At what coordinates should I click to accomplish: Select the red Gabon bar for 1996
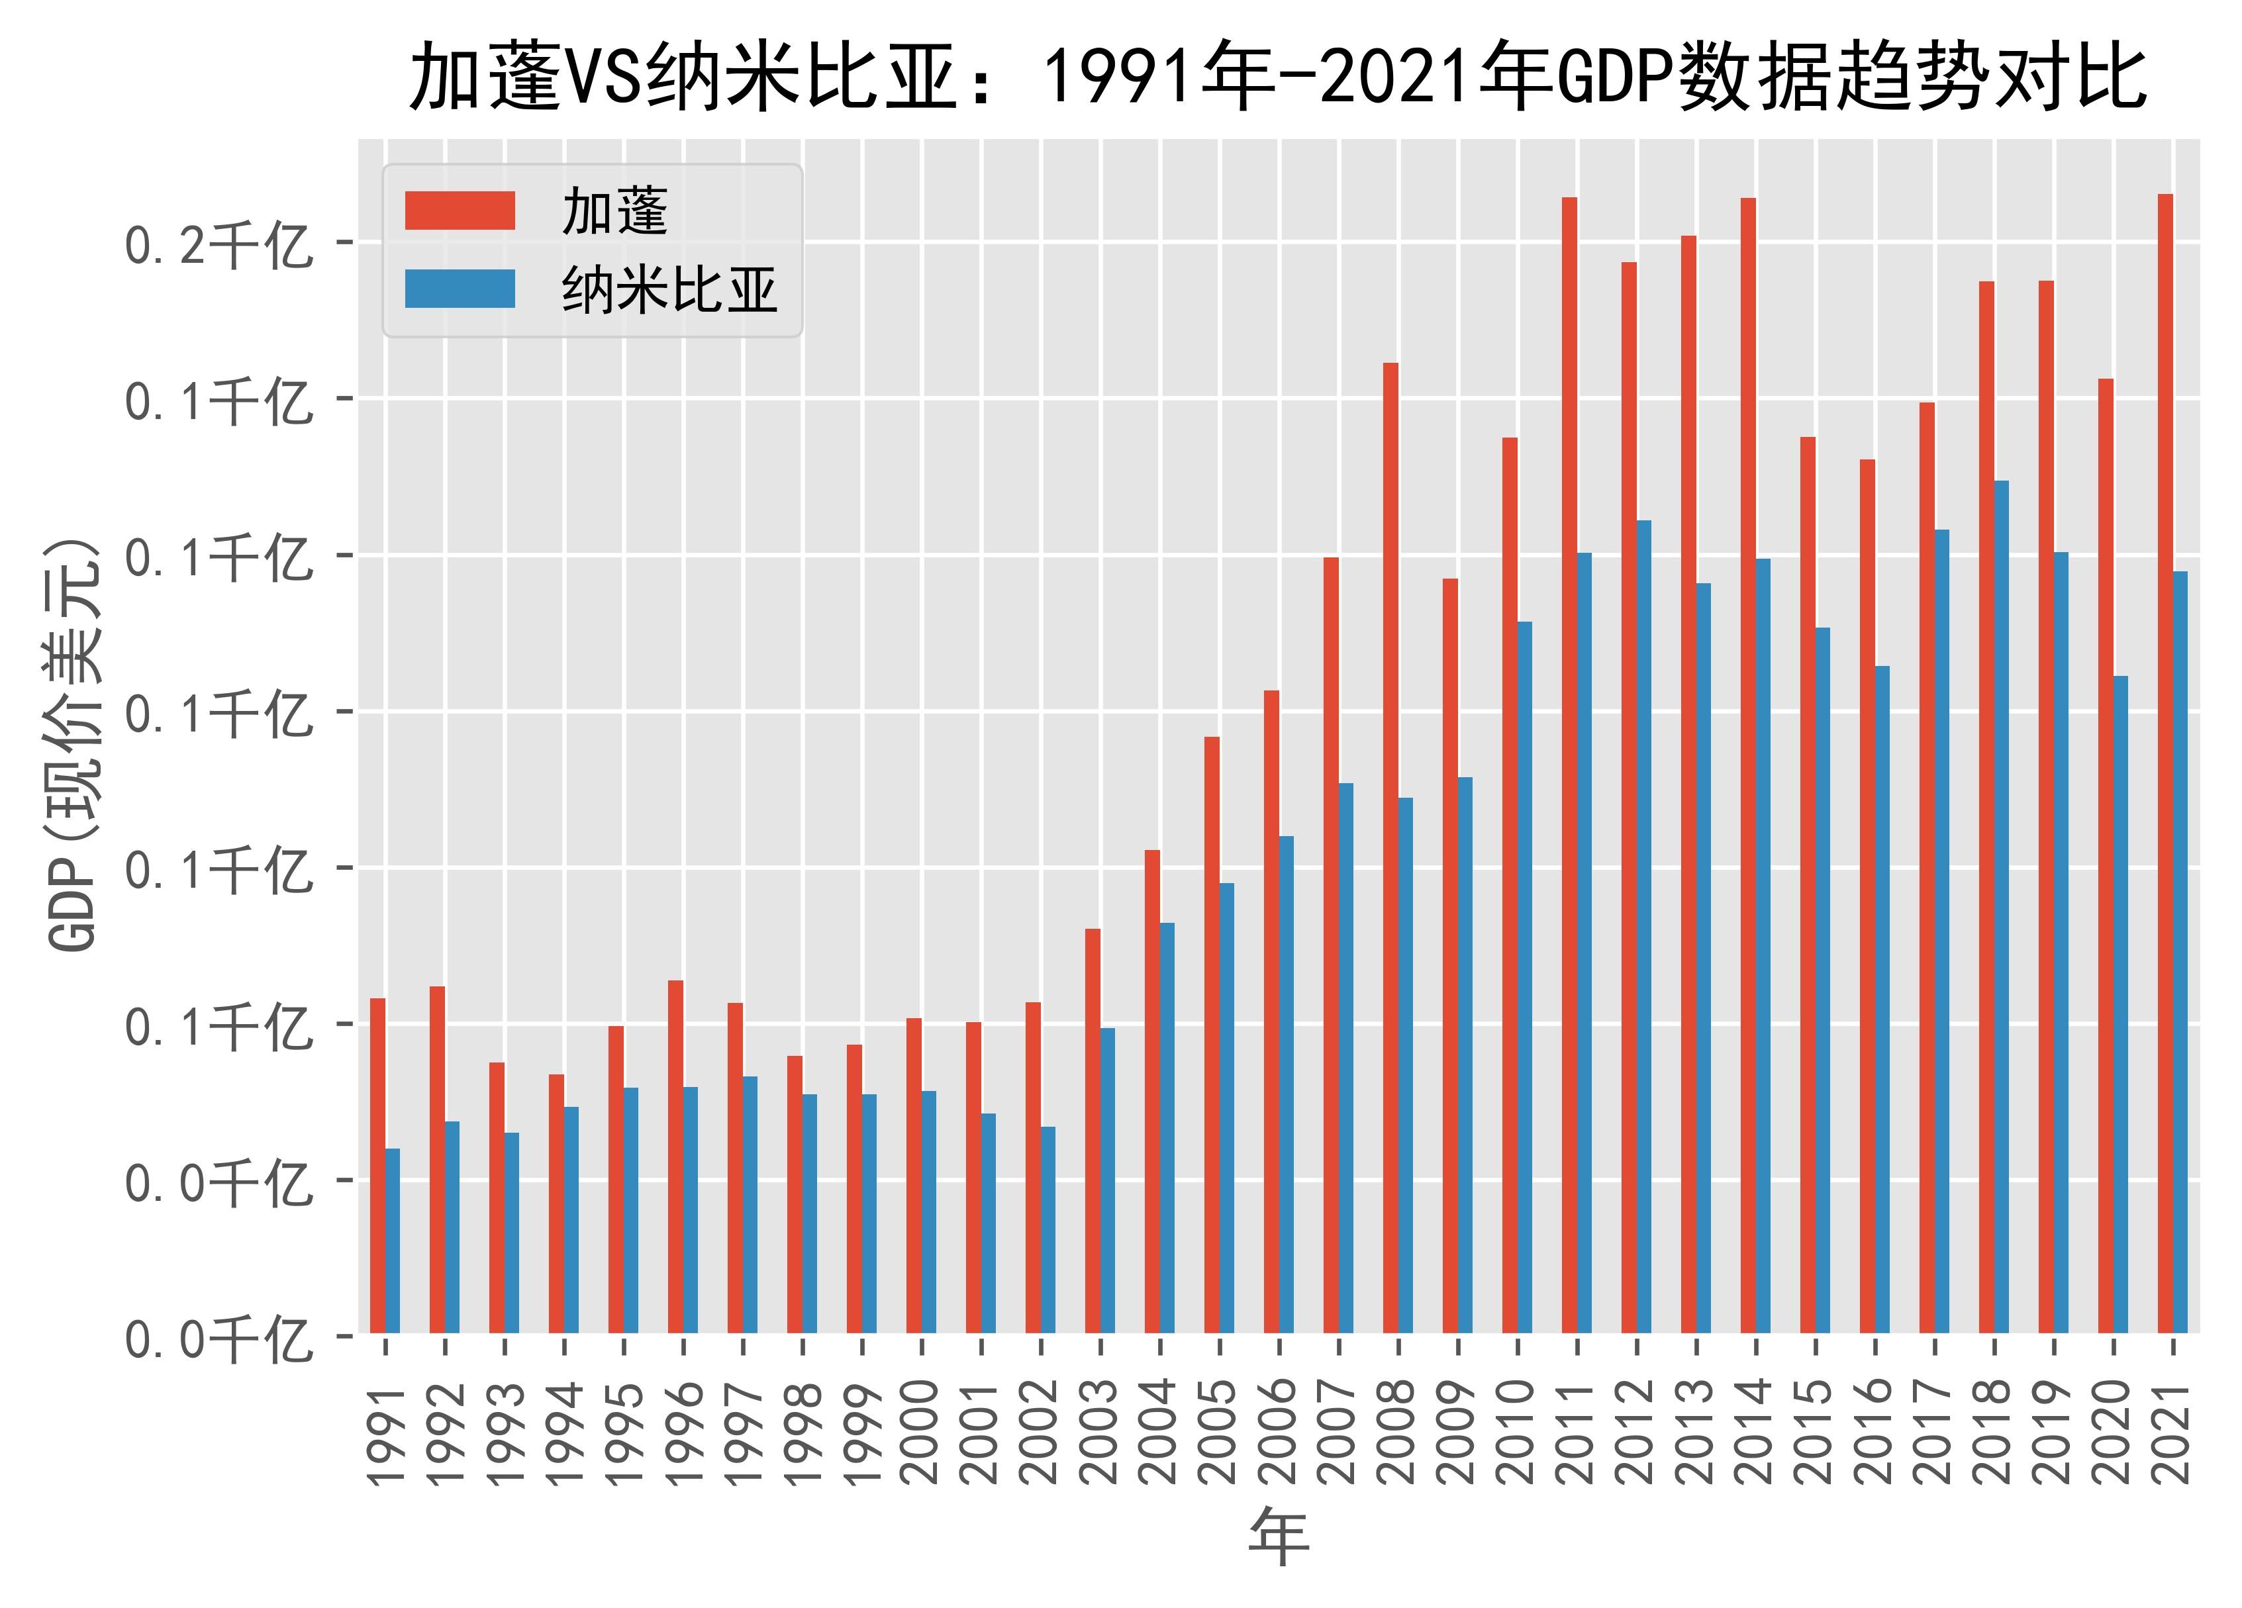(676, 1157)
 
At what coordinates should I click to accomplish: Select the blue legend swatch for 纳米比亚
(460, 289)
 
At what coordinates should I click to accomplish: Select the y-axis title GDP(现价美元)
(75, 745)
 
